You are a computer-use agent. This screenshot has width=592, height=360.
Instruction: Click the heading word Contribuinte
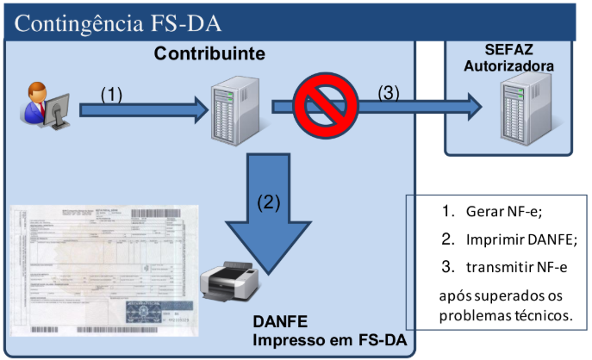click(209, 54)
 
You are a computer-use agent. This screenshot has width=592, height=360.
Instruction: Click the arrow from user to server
click(142, 109)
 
